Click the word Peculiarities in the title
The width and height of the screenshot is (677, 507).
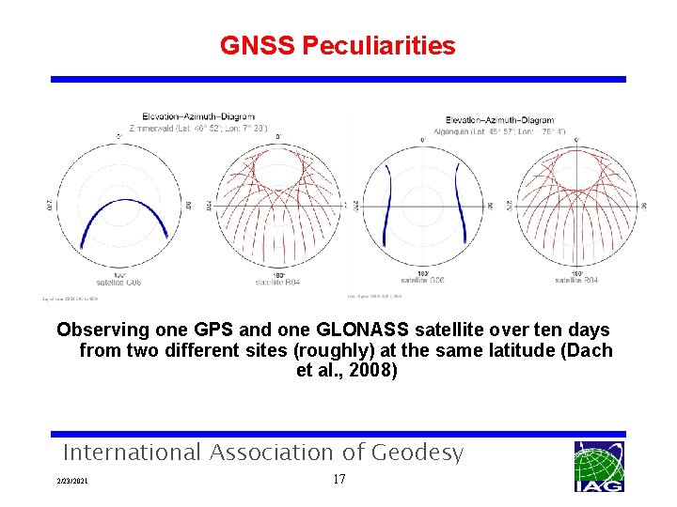pyautogui.click(x=379, y=45)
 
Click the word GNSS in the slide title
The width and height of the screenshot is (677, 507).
pyautogui.click(x=258, y=45)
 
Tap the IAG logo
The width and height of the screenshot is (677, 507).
pyautogui.click(x=599, y=466)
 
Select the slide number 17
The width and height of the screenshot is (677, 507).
pyautogui.click(x=339, y=480)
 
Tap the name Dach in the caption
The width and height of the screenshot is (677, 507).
pyautogui.click(x=589, y=350)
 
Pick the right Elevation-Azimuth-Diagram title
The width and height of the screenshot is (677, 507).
pyautogui.click(x=499, y=120)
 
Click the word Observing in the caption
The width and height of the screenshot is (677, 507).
pyautogui.click(x=103, y=330)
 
